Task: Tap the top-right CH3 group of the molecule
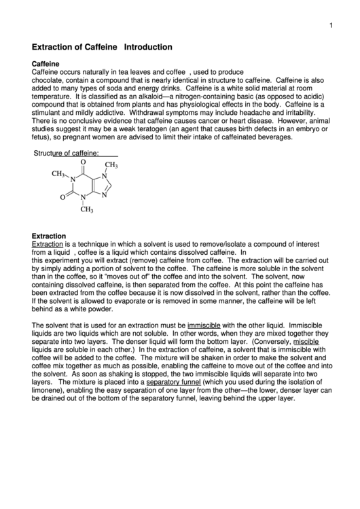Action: tap(111, 165)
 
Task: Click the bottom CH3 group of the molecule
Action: tap(87, 209)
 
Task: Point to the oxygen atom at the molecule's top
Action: tap(83, 162)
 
